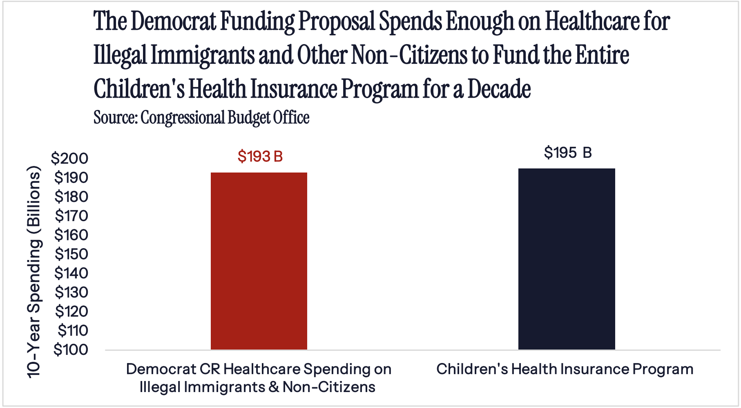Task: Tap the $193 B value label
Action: click(x=260, y=157)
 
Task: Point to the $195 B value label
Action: click(x=568, y=153)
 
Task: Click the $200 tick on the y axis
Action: click(x=69, y=158)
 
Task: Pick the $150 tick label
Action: click(x=71, y=254)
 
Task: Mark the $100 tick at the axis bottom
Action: click(x=71, y=350)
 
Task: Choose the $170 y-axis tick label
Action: click(x=71, y=215)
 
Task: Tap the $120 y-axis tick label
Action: click(x=71, y=312)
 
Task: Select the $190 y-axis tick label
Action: click(x=71, y=177)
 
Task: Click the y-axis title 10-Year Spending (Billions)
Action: click(x=34, y=272)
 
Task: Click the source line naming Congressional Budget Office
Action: click(x=201, y=118)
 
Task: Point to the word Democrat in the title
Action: click(x=173, y=21)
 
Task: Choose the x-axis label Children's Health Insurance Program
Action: click(x=565, y=369)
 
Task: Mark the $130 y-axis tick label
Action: click(x=71, y=292)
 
